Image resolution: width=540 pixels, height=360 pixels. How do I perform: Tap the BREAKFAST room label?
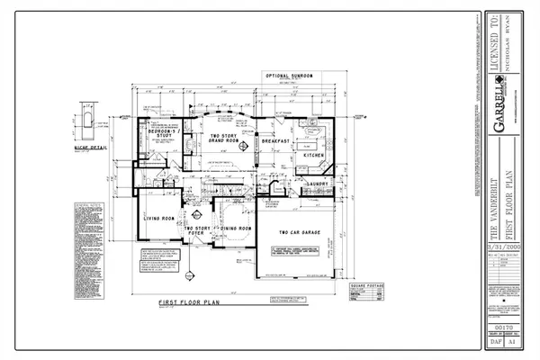pyautogui.click(x=274, y=141)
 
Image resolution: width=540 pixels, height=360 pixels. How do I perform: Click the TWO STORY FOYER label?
pyautogui.click(x=197, y=231)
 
